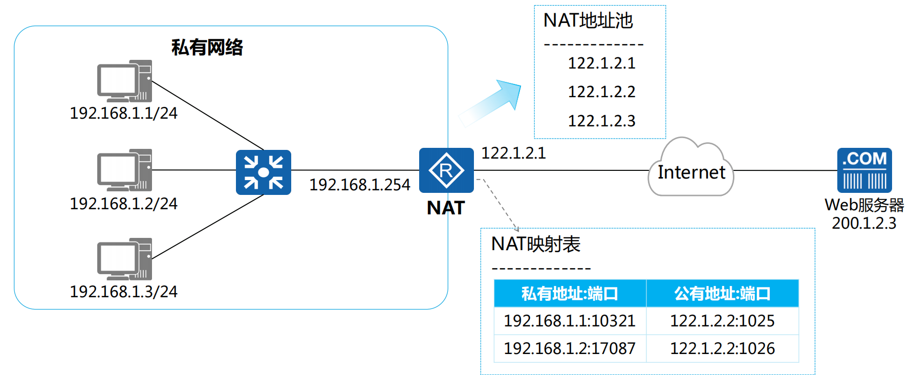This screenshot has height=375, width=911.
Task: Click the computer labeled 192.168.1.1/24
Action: pyautogui.click(x=124, y=81)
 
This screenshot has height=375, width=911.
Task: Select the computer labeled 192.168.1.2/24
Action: pyautogui.click(x=124, y=170)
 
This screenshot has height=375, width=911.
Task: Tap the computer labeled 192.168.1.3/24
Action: pyautogui.click(x=124, y=259)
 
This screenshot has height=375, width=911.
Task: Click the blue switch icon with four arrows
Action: pyautogui.click(x=264, y=172)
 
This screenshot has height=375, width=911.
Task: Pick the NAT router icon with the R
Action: pyautogui.click(x=446, y=170)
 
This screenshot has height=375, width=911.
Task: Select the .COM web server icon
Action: pyautogui.click(x=864, y=170)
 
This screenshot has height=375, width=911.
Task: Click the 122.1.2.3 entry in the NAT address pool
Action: pyautogui.click(x=601, y=121)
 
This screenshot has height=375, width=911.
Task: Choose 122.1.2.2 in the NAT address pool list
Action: pyautogui.click(x=601, y=92)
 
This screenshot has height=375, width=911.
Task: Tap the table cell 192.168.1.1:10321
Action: pyautogui.click(x=570, y=321)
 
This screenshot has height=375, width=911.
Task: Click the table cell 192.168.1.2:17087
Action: pyautogui.click(x=570, y=348)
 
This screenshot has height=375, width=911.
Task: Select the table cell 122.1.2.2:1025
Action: pyautogui.click(x=722, y=321)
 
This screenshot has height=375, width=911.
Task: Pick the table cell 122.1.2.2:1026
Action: pyautogui.click(x=722, y=348)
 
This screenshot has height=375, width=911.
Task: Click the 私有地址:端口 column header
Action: pyautogui.click(x=570, y=294)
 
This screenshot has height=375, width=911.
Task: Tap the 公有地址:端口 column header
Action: pyautogui.click(x=722, y=294)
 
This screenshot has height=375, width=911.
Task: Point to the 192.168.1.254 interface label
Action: pyautogui.click(x=360, y=185)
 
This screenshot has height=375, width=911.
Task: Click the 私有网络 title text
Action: pyautogui.click(x=207, y=48)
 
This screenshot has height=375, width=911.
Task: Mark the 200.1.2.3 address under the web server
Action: pyautogui.click(x=864, y=224)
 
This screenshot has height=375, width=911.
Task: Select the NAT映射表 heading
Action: pyautogui.click(x=535, y=244)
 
